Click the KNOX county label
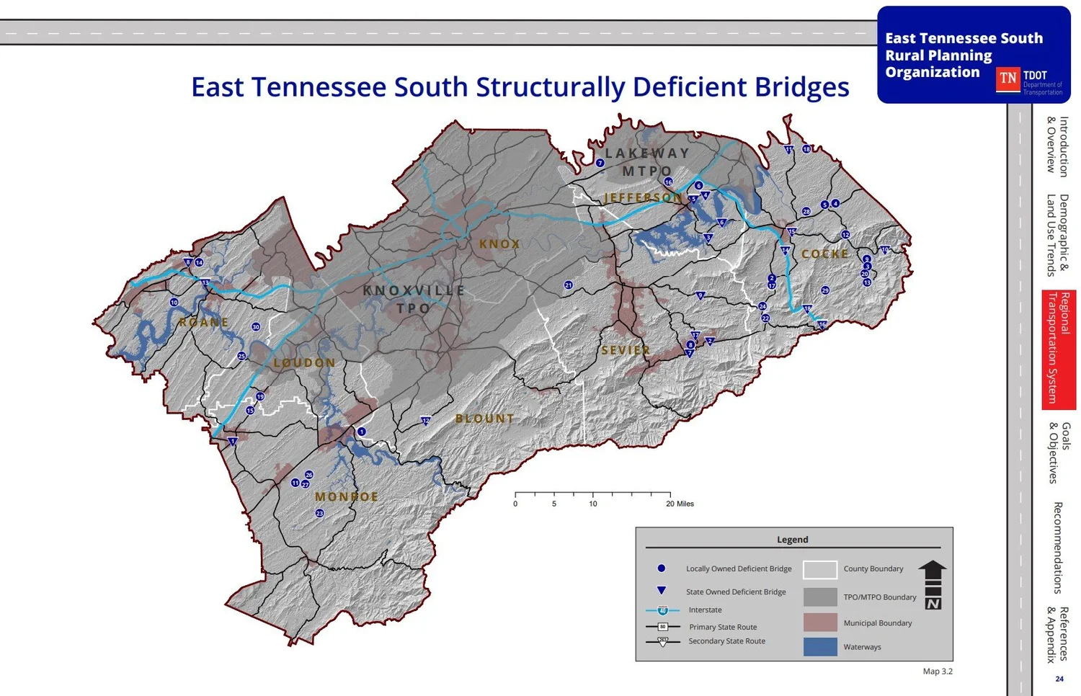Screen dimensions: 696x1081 [x=499, y=244]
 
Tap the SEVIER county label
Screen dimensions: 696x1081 [x=626, y=351]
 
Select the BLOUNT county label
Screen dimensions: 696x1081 [x=484, y=419]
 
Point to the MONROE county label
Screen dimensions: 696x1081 [x=347, y=497]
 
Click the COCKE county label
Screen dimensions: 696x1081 [x=825, y=254]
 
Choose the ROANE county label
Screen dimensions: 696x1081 [x=204, y=323]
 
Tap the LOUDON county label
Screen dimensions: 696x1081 [x=304, y=362]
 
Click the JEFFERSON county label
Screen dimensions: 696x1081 [x=642, y=197]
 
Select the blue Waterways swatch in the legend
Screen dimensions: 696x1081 [x=819, y=646]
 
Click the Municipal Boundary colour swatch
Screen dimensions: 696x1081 [x=819, y=623]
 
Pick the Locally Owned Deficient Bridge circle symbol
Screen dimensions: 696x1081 [x=662, y=568]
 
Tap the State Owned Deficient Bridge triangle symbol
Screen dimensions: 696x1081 [x=662, y=591]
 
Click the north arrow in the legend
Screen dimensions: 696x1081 [x=932, y=584]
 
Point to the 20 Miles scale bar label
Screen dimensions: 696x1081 [x=680, y=504]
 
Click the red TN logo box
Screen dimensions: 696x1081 [x=1007, y=79]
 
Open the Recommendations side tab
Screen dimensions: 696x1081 [x=1057, y=548]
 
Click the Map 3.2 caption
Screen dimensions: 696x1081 [x=937, y=672]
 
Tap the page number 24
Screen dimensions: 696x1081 [x=1059, y=679]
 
